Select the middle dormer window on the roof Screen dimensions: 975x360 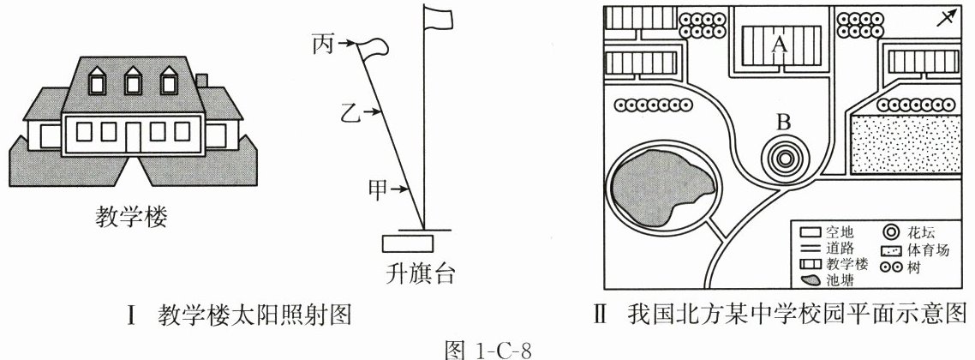pos(131,82)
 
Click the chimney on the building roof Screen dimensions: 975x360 pos(202,80)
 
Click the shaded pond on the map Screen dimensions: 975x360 pos(661,195)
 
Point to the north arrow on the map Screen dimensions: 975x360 pos(944,20)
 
